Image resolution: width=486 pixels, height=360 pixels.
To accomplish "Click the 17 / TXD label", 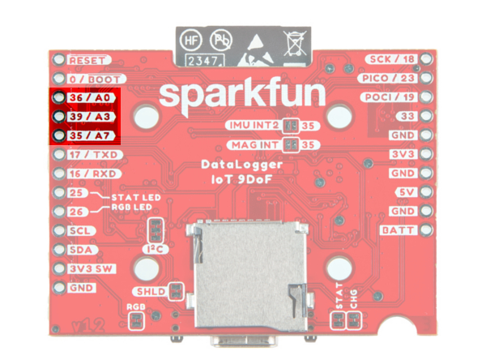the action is point(92,154).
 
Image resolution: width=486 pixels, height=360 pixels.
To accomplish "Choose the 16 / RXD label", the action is point(92,174).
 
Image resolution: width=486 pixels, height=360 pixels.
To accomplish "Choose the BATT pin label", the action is point(398,230).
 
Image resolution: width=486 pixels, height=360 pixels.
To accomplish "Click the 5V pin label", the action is point(405,193).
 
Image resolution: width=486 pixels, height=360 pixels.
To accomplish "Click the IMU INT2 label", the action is point(255,126).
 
